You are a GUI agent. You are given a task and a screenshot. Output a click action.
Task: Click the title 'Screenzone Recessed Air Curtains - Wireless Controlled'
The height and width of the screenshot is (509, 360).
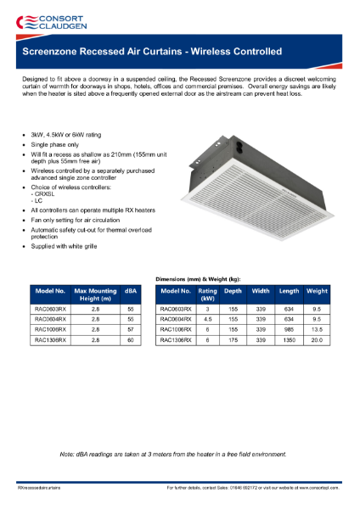[152, 51]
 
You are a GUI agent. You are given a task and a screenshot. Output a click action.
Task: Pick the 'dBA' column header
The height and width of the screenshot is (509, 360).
[131, 289]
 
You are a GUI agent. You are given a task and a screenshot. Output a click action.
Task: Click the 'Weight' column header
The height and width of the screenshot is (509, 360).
[317, 289]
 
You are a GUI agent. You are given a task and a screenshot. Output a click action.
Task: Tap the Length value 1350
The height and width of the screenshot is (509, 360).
[289, 339]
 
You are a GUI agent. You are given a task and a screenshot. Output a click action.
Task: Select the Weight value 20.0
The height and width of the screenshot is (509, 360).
[317, 339]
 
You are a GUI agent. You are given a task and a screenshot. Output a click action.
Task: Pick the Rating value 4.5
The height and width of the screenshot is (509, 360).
[207, 319]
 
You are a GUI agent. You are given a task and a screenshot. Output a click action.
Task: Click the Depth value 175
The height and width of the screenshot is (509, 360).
[233, 339]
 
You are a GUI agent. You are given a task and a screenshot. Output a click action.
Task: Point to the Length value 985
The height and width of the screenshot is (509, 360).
[289, 329]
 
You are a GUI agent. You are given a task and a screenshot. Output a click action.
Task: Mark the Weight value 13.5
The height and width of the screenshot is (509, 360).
[317, 329]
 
